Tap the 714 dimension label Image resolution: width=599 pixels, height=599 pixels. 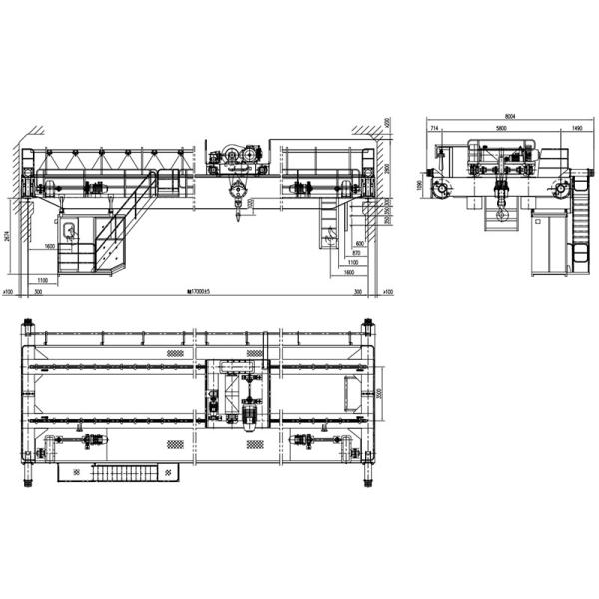[x=435, y=129]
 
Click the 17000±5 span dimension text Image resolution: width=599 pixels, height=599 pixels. [x=202, y=292]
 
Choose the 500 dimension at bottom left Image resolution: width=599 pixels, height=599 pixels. [x=38, y=292]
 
